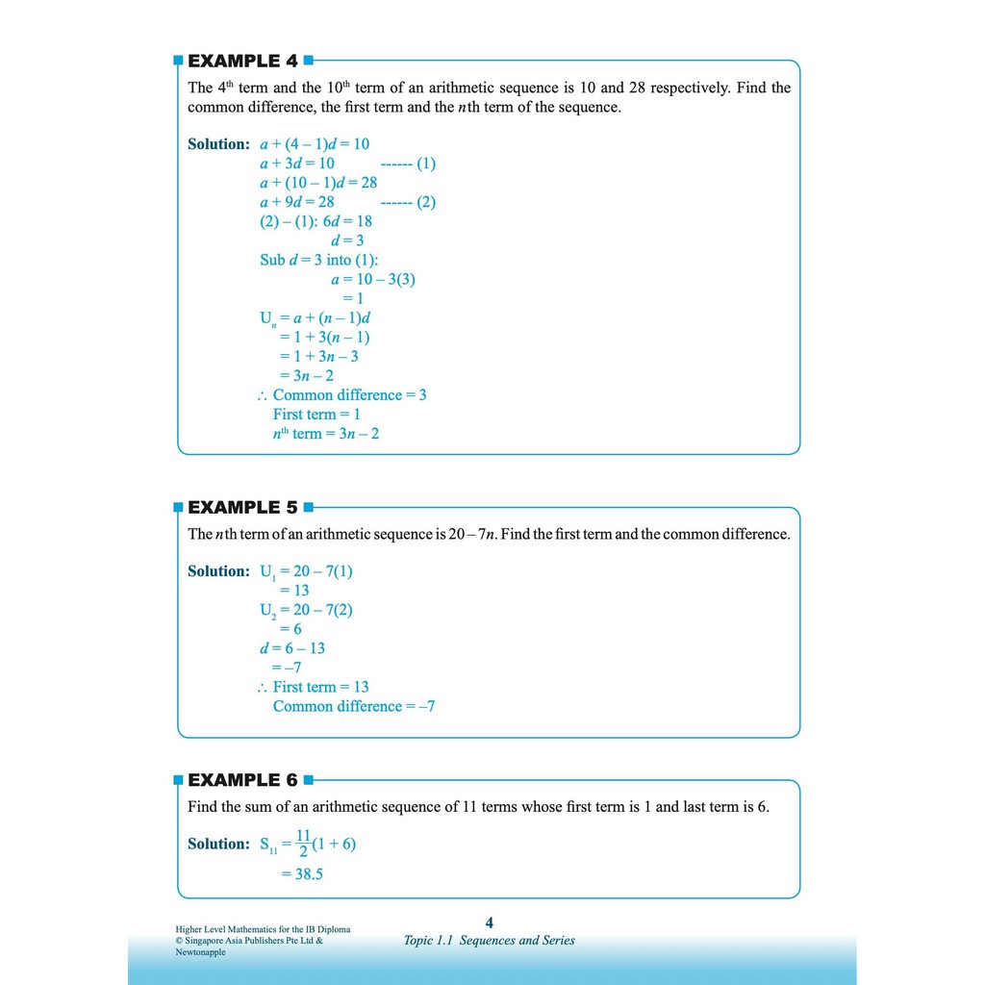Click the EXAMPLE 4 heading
click(x=242, y=61)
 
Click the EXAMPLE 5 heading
click(x=242, y=507)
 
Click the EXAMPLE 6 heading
click(x=242, y=780)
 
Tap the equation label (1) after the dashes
click(x=419, y=164)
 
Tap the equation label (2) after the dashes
click(x=419, y=202)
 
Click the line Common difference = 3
click(x=349, y=395)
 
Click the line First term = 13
click(x=320, y=687)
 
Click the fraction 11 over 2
click(x=304, y=844)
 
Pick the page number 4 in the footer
click(x=490, y=922)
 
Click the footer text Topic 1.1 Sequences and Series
click(x=490, y=941)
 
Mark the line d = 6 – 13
click(x=292, y=648)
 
